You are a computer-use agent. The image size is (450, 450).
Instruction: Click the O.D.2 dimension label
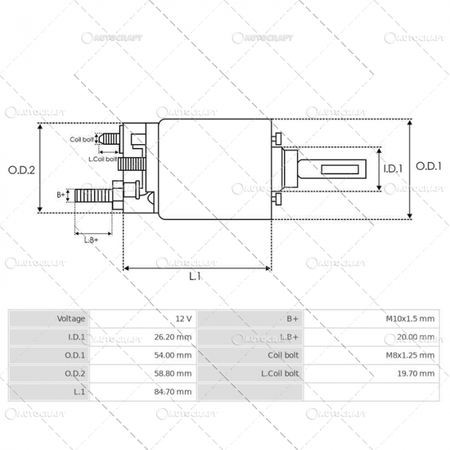21,170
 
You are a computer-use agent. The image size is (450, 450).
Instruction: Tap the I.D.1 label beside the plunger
393,169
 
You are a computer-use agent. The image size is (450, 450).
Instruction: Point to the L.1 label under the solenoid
195,276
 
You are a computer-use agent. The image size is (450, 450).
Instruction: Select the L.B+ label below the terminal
91,240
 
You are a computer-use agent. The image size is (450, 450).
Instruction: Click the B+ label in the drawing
61,194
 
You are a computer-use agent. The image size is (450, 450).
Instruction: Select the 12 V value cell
183,319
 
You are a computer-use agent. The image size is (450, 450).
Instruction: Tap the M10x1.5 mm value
410,319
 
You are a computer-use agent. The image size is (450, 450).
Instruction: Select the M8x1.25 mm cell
409,355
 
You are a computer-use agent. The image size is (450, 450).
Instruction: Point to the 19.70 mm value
417,373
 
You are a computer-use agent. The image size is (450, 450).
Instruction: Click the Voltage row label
71,319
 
